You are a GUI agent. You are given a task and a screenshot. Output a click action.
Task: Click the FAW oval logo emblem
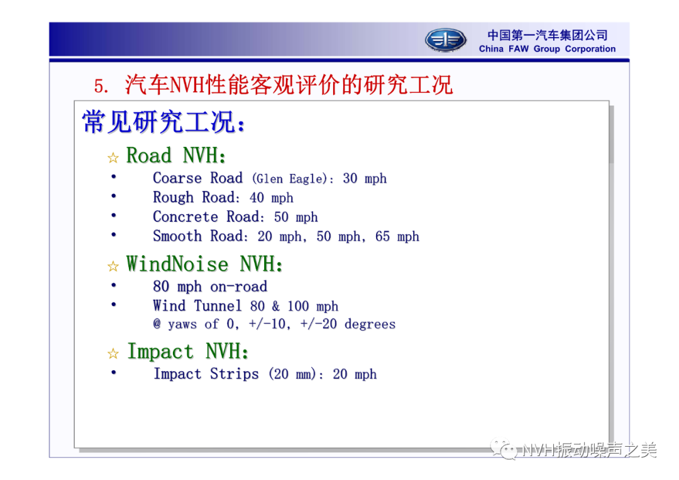coord(445,40)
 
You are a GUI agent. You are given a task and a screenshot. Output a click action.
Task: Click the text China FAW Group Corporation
coord(547,49)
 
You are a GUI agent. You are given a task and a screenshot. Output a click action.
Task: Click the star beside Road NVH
coord(113,158)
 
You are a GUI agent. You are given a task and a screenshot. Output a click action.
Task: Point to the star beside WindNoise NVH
coord(113,266)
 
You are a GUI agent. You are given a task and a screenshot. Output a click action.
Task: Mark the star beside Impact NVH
coord(113,354)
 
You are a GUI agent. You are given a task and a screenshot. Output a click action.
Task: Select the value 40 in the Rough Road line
coord(257,198)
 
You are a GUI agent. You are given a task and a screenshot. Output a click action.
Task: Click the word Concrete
coord(185,216)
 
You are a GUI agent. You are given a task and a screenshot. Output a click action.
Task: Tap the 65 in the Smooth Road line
coord(382,236)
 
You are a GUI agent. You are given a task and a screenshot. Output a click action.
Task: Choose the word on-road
coord(239,286)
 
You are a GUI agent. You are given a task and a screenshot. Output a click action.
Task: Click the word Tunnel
coord(218,305)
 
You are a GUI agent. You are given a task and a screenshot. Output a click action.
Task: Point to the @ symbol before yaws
coord(157,324)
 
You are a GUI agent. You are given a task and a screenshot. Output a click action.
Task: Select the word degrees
coord(370,324)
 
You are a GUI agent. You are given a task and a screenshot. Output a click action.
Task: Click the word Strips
coord(235,374)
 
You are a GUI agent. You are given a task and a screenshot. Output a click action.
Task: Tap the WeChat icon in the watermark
coord(504,449)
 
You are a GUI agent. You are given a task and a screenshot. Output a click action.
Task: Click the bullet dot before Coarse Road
coord(113,177)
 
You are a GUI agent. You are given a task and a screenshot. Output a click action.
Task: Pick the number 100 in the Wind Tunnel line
coord(298,306)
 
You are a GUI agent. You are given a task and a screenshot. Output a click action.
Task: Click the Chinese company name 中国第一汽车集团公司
coord(548,35)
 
